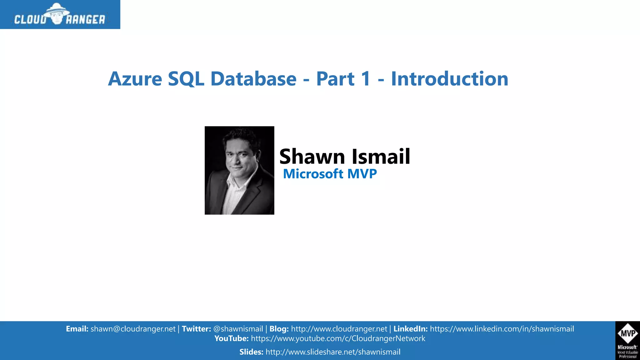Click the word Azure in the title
[x=135, y=79]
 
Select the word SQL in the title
[x=186, y=79]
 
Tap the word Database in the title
[x=253, y=79]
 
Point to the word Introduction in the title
[x=449, y=79]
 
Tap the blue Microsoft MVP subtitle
[x=330, y=174]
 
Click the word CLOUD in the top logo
[x=30, y=20]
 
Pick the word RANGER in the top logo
[x=85, y=20]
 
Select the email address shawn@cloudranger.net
[x=133, y=329]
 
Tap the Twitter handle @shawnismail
[x=238, y=329]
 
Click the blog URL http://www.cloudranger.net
[x=339, y=329]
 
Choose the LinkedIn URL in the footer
[x=502, y=329]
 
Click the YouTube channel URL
[x=338, y=338]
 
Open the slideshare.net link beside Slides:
[x=333, y=352]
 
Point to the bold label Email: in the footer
[x=77, y=329]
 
